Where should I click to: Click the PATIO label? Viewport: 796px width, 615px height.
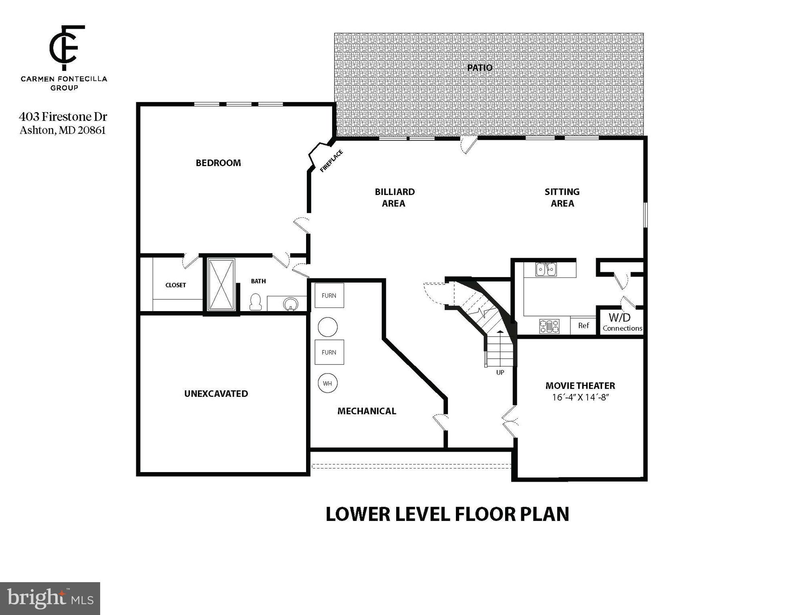click(480, 68)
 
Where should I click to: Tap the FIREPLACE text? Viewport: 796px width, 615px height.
click(331, 161)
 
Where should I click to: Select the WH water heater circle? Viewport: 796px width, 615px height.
click(327, 383)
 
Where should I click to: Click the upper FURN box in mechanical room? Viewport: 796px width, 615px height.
click(329, 295)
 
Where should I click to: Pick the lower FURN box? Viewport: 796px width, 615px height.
click(329, 352)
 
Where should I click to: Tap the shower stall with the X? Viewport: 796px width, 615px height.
click(222, 284)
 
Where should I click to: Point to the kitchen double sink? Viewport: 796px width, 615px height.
click(546, 269)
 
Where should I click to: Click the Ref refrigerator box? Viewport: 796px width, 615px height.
click(583, 326)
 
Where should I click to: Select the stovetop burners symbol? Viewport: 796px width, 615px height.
click(549, 326)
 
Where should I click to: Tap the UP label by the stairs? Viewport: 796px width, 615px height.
click(500, 372)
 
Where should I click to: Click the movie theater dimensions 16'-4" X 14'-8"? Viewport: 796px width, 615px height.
click(580, 398)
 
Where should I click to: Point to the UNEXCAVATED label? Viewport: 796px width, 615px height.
click(216, 394)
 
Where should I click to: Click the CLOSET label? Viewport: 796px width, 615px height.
click(175, 285)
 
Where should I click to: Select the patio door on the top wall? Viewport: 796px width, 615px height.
click(468, 143)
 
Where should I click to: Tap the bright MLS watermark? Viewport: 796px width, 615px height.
click(50, 598)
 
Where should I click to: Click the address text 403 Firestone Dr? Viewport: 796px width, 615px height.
click(63, 117)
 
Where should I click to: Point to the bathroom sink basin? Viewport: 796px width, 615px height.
click(290, 304)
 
